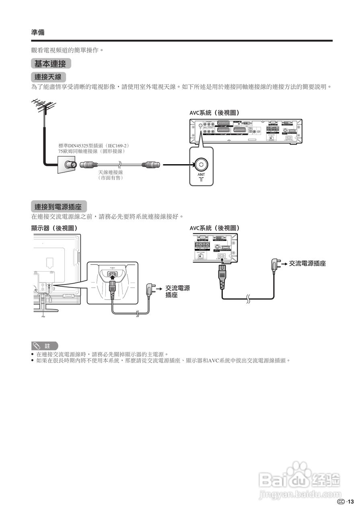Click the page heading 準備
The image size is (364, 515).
click(38, 32)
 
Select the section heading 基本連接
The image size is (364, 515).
click(50, 64)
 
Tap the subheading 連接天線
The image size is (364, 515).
click(48, 76)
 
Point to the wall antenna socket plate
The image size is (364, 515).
click(66, 165)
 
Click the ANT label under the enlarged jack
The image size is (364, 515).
click(201, 175)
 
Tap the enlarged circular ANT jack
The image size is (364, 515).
click(201, 164)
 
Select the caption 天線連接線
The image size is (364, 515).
click(111, 172)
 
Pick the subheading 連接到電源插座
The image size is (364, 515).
click(58, 207)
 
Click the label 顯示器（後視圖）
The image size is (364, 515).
click(54, 228)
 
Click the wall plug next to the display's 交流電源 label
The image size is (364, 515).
click(151, 289)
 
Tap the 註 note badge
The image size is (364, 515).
click(45, 346)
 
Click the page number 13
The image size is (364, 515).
click(351, 501)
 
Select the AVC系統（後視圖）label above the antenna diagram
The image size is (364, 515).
click(217, 113)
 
